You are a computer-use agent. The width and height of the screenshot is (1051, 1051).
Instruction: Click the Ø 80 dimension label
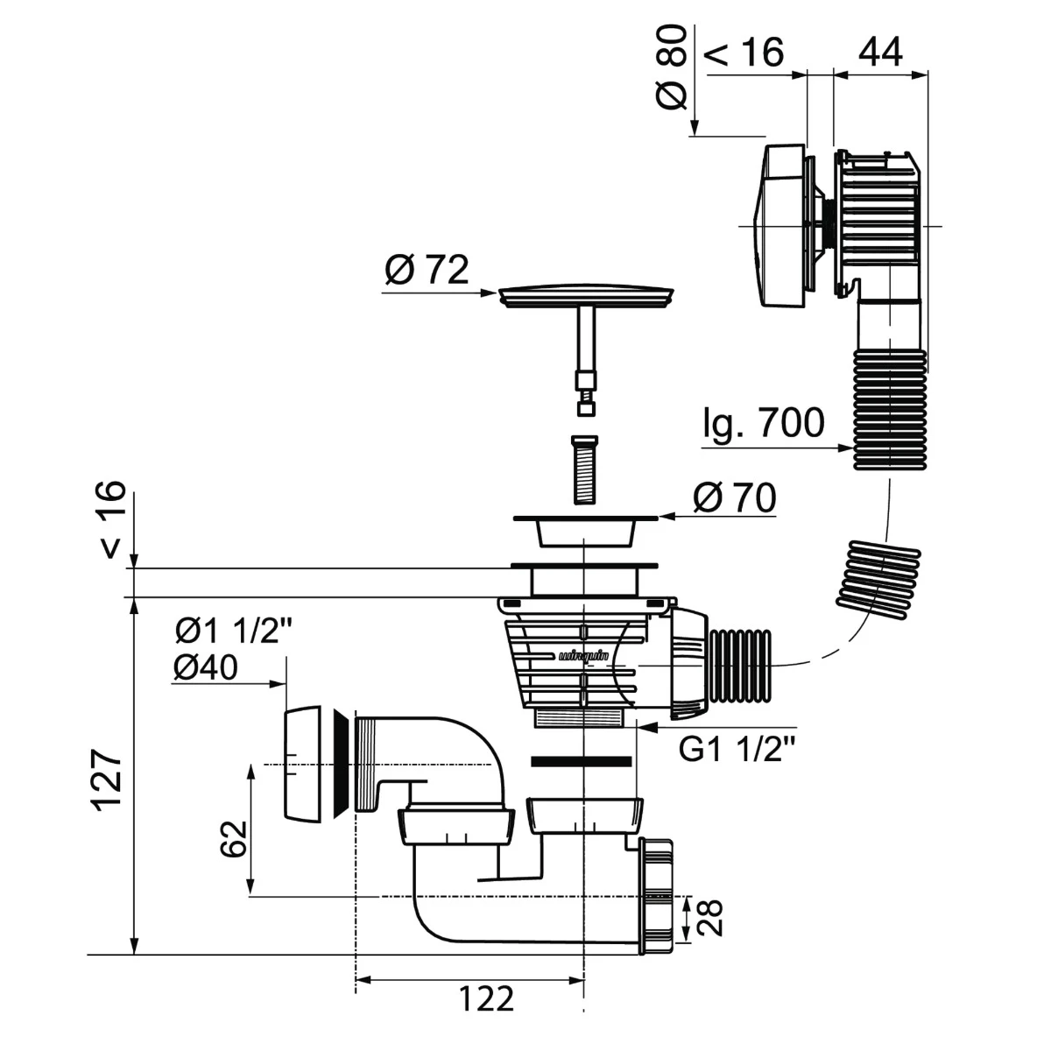671,67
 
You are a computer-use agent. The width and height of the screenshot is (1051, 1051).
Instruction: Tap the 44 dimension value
880,53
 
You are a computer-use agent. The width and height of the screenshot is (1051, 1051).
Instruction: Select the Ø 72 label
427,269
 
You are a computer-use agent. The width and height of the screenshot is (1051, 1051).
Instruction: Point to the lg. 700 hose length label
764,423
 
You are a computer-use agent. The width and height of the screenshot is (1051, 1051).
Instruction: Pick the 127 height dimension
109,780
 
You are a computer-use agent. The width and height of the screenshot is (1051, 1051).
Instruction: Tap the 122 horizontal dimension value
486,998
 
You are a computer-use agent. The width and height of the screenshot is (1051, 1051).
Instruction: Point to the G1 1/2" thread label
737,750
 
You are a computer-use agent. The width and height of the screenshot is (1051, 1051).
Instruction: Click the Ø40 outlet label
206,667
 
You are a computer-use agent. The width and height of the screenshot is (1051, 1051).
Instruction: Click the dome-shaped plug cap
586,294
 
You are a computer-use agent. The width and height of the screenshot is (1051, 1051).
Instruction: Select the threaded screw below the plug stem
584,469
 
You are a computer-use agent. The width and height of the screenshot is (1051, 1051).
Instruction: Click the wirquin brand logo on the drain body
583,657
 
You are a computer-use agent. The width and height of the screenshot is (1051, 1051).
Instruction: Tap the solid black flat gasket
581,761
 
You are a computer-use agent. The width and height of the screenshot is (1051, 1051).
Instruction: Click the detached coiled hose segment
878,582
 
